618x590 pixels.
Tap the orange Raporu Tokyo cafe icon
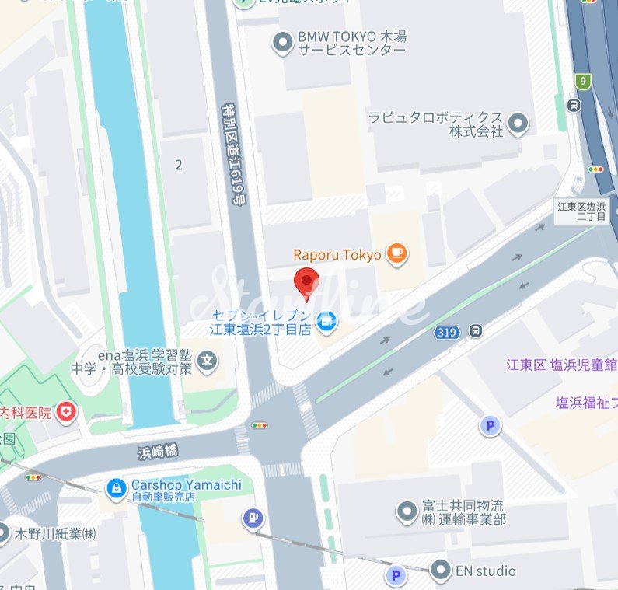click(397, 254)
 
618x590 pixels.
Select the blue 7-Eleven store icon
click(327, 319)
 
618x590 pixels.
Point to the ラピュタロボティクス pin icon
click(517, 123)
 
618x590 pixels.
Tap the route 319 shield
click(445, 332)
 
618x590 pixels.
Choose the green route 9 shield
click(582, 81)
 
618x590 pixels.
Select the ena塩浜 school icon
click(207, 360)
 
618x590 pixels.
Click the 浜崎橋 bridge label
click(158, 450)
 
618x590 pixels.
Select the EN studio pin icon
click(441, 571)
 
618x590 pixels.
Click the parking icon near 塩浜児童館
click(489, 425)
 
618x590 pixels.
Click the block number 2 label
click(180, 164)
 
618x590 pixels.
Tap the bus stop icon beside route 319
click(475, 331)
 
